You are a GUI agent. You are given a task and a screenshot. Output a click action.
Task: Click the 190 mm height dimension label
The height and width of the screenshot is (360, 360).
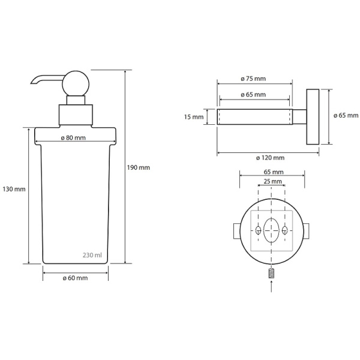[138, 167]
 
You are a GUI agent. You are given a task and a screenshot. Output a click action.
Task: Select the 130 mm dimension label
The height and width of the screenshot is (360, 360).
[14, 190]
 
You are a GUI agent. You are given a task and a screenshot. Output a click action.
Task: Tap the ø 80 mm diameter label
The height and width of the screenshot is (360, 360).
[73, 138]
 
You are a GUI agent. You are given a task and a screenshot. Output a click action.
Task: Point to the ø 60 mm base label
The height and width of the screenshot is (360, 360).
[75, 278]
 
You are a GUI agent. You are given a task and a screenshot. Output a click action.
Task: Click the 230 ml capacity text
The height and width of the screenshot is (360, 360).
[92, 255]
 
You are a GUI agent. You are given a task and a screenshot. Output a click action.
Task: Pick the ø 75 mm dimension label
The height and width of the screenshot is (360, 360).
[253, 79]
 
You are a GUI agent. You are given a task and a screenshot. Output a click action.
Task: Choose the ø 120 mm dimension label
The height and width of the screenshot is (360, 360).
[270, 158]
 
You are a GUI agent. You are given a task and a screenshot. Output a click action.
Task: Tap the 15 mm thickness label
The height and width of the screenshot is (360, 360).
[194, 117]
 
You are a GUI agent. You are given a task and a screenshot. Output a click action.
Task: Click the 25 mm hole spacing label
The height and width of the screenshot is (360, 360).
[272, 181]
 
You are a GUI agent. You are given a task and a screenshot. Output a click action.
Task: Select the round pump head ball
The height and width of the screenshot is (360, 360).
[76, 83]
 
